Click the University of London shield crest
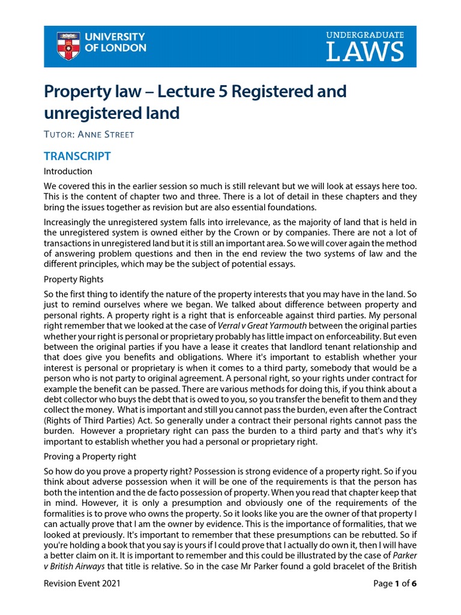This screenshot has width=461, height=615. point(67,46)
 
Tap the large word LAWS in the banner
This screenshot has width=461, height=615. point(365,52)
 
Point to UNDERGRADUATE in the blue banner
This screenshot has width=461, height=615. point(365,35)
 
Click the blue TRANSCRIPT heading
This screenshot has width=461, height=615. point(77,156)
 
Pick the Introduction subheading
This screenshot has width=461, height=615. point(68,171)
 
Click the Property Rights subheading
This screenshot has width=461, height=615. point(74,279)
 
